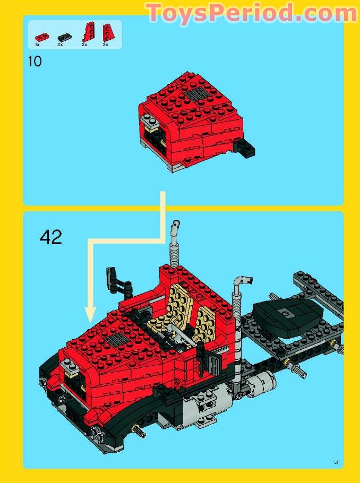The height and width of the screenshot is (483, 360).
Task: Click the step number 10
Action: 35,62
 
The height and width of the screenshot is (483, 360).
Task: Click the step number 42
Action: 51,237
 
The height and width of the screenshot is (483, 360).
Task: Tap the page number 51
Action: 336,462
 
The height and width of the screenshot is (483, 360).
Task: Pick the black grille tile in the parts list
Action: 64,37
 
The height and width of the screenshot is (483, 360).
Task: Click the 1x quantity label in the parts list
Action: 37,45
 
